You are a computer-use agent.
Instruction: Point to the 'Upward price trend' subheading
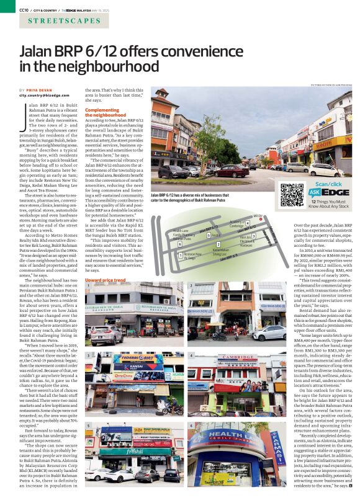(105, 280)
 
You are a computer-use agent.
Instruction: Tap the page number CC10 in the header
(24, 10)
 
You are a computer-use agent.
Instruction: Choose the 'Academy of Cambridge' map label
(238, 223)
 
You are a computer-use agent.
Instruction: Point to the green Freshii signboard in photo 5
(119, 452)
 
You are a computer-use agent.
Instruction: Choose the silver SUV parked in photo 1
(107, 336)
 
